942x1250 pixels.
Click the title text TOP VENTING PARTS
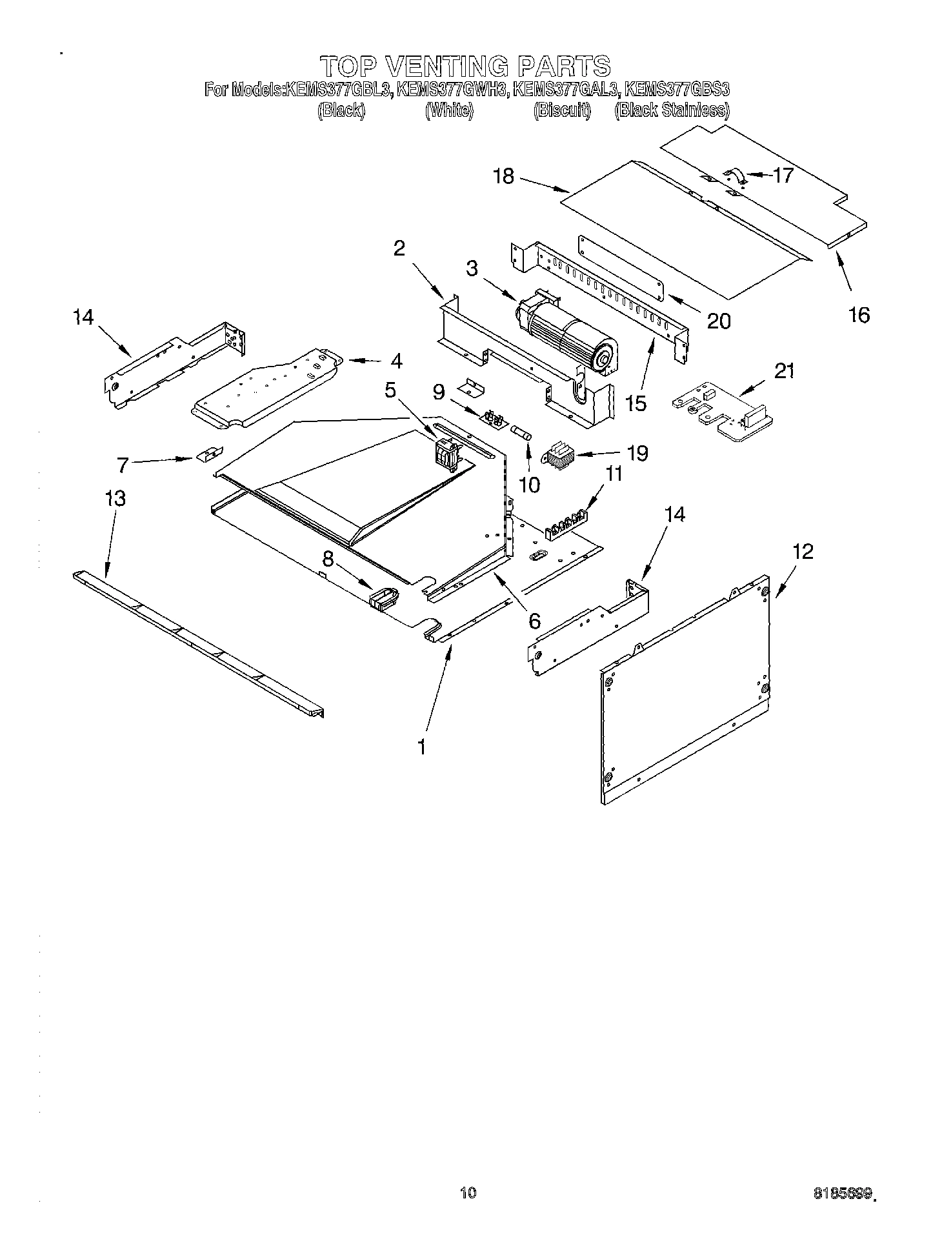(x=465, y=66)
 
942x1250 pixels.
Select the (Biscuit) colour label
(x=561, y=111)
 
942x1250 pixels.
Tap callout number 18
(x=504, y=176)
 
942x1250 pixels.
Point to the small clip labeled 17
(x=735, y=176)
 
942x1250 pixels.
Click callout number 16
(x=859, y=315)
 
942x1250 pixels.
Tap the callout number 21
(x=784, y=371)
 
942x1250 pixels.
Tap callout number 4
(x=396, y=361)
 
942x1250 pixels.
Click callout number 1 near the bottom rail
(x=421, y=747)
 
